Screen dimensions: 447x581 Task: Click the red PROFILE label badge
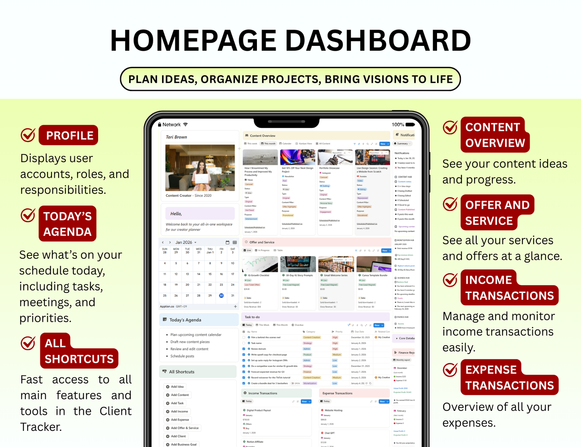pos(69,135)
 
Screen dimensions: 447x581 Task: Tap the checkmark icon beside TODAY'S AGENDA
pos(28,216)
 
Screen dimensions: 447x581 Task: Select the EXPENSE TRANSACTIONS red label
pos(509,377)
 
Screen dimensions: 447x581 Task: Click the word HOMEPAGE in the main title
pos(193,41)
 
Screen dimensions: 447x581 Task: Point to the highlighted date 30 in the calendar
pos(221,295)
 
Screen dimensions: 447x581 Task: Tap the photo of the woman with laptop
pos(200,167)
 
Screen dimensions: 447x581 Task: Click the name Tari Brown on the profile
pos(177,137)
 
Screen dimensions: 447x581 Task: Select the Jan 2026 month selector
pos(185,242)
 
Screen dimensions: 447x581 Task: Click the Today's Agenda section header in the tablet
pos(185,320)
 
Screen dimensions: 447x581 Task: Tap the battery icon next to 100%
pos(410,125)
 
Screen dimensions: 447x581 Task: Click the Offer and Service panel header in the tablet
pos(262,242)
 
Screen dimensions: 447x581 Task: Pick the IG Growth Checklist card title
pos(258,275)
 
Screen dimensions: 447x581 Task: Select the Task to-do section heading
pos(252,317)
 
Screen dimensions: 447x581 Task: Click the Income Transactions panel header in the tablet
pos(263,393)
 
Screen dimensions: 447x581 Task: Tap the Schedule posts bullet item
pos(182,356)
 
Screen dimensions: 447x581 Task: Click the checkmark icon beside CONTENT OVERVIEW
pos(450,127)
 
